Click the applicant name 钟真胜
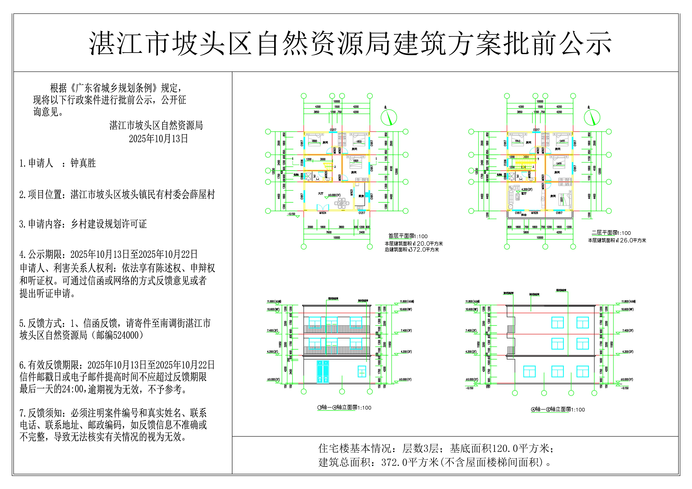coord(83,163)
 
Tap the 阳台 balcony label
coord(524,215)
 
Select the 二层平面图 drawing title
coord(604,233)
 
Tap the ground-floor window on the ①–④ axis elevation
coord(362,372)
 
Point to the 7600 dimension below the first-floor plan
coord(329,232)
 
